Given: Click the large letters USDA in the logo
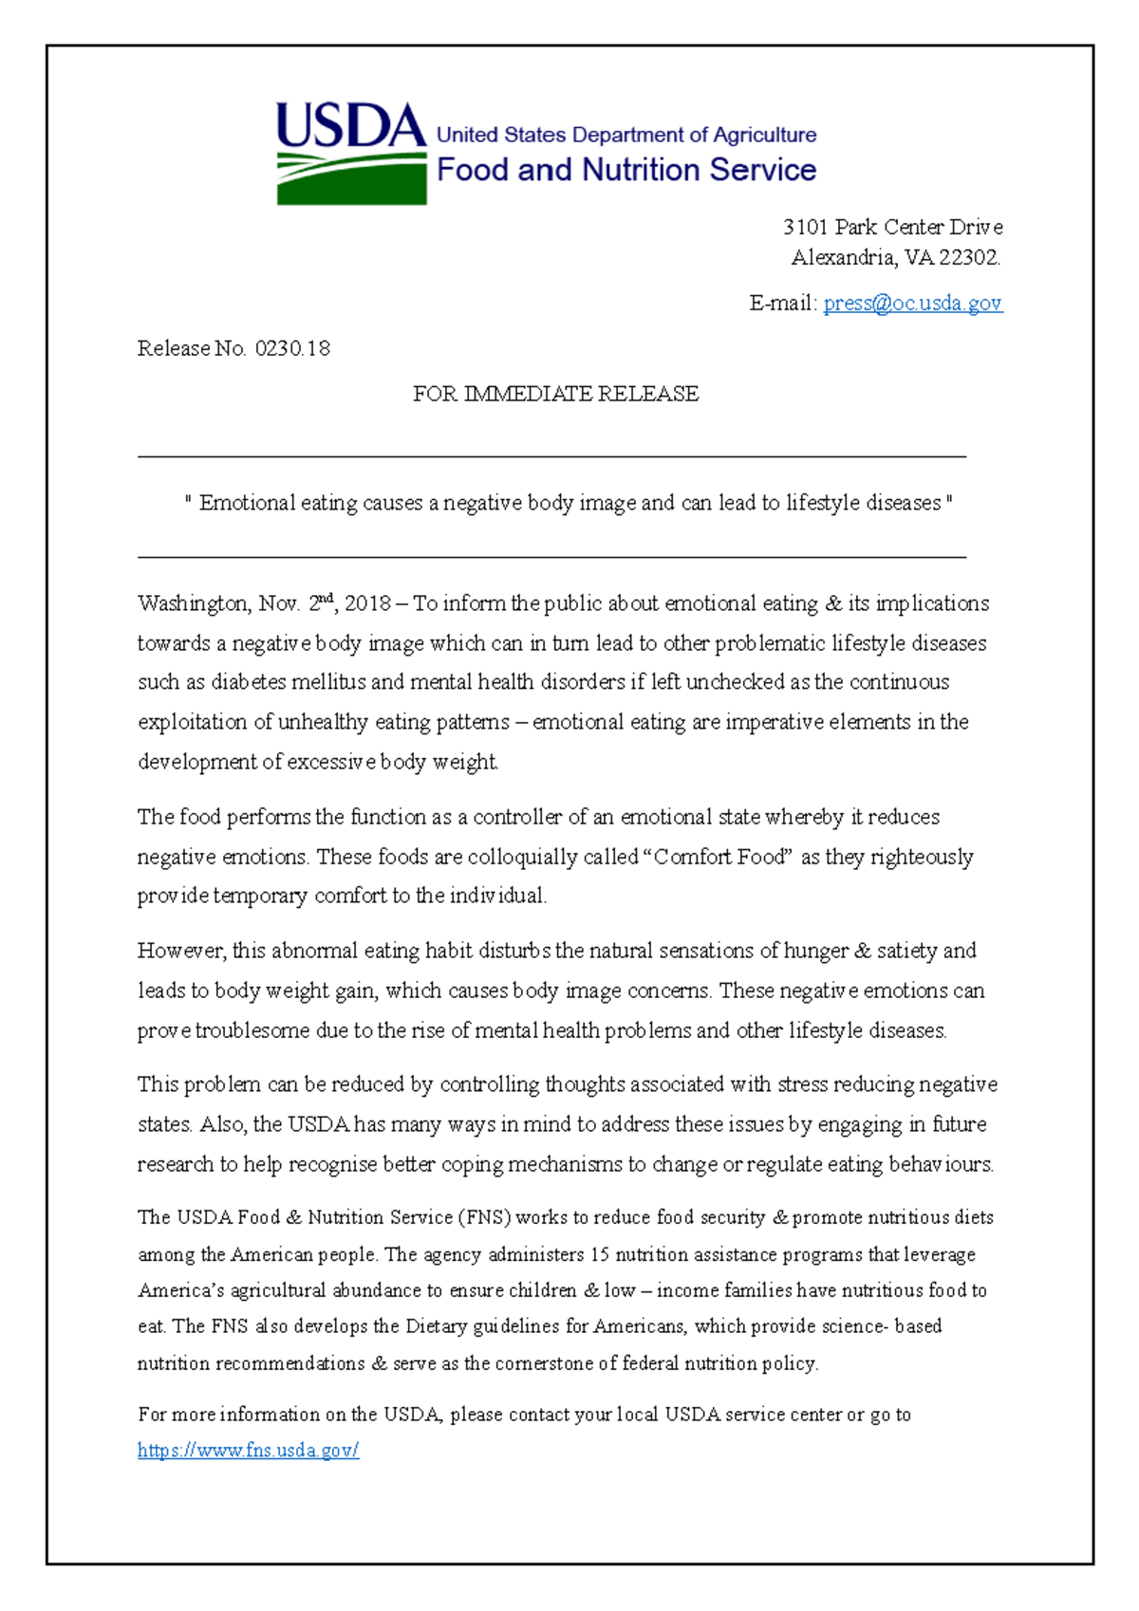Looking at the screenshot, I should coord(350,125).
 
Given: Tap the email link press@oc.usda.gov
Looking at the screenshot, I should coord(912,303).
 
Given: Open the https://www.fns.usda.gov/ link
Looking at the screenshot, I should coord(248,1450).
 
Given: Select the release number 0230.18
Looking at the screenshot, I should coord(292,348).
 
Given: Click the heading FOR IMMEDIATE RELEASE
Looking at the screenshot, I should coord(555,394).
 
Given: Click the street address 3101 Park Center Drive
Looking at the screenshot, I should coord(892,227).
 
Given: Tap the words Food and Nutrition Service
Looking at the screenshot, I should coord(626,170).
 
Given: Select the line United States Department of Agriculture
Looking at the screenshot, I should coord(626,135).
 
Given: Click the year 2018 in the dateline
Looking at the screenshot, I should coord(368,603).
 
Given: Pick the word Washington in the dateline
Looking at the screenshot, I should coord(194,603).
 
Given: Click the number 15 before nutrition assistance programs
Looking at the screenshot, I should coord(599,1254).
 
